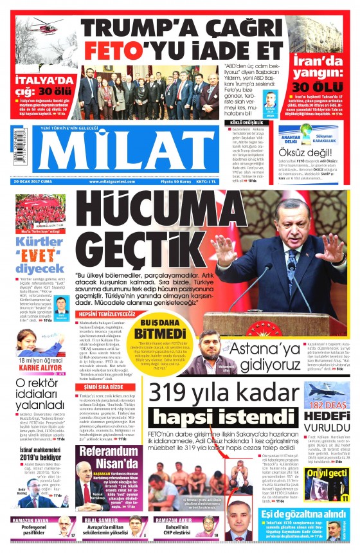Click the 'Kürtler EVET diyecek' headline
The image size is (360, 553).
39,257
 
